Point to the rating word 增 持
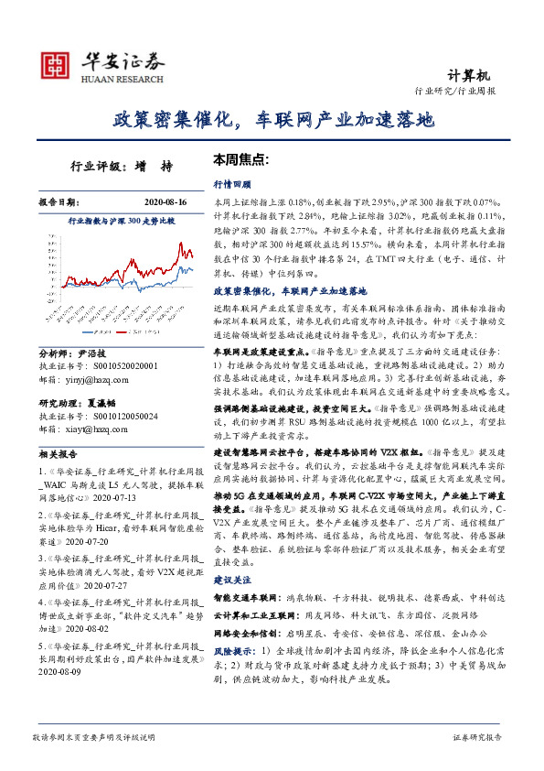(160, 167)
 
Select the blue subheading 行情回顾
(231, 184)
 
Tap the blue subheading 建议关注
(231, 581)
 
